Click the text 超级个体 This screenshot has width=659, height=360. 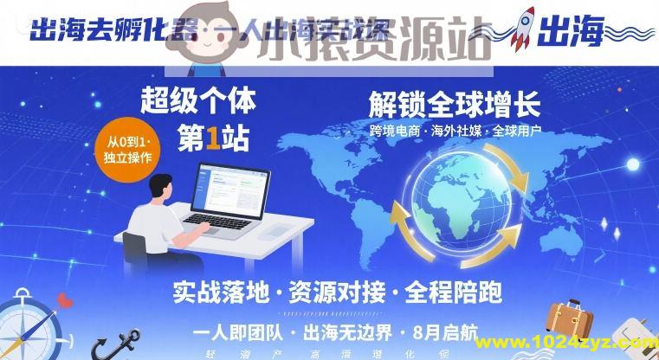[197, 101]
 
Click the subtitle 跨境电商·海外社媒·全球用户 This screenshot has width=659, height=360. [455, 132]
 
